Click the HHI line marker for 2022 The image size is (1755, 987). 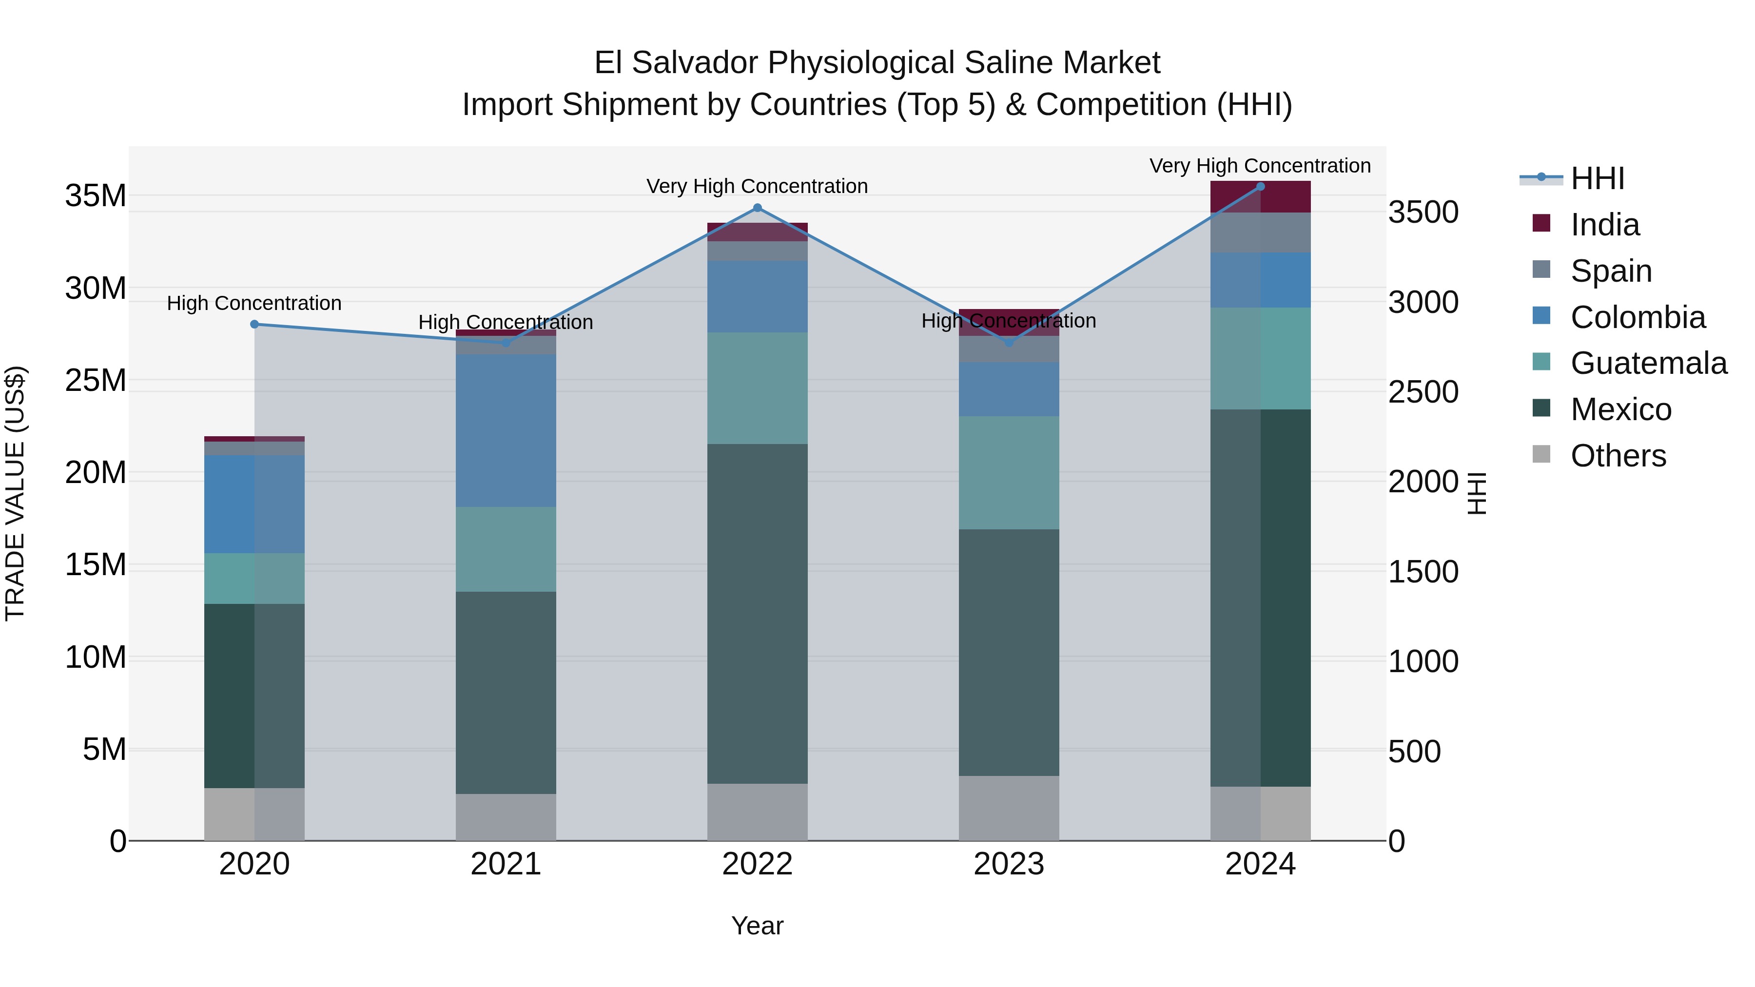[757, 208]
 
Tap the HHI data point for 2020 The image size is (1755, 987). [254, 324]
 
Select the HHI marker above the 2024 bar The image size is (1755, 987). [1260, 187]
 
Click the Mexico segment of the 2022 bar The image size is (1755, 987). [757, 613]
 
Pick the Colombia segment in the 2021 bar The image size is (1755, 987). [506, 430]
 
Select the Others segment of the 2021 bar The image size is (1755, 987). [506, 817]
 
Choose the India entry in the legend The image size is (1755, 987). [1604, 225]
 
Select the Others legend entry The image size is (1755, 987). [1618, 456]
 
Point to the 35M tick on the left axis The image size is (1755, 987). [96, 196]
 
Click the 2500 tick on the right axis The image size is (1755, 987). [1423, 392]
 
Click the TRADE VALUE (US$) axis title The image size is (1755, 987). [15, 493]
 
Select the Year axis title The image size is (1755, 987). [757, 926]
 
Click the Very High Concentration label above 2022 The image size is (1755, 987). [757, 186]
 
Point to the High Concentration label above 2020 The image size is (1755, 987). [254, 303]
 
